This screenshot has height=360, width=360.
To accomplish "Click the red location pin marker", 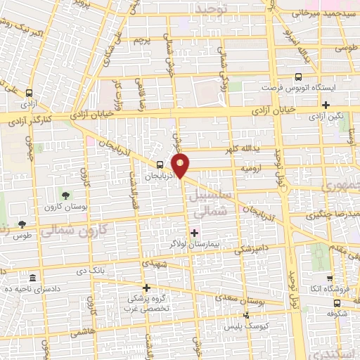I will click(x=181, y=166).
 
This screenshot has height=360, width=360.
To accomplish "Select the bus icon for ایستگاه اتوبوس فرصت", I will click(x=299, y=77).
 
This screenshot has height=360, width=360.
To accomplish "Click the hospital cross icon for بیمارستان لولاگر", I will click(x=194, y=233).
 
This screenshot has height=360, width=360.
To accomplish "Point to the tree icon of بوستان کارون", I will click(x=66, y=195).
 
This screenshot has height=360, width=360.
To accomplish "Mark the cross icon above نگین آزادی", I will click(x=326, y=105).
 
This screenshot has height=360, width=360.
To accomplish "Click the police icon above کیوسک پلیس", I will click(x=245, y=314).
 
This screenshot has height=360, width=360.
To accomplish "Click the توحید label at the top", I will click(x=231, y=8).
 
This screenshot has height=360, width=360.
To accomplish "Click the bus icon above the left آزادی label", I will click(x=29, y=93).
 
